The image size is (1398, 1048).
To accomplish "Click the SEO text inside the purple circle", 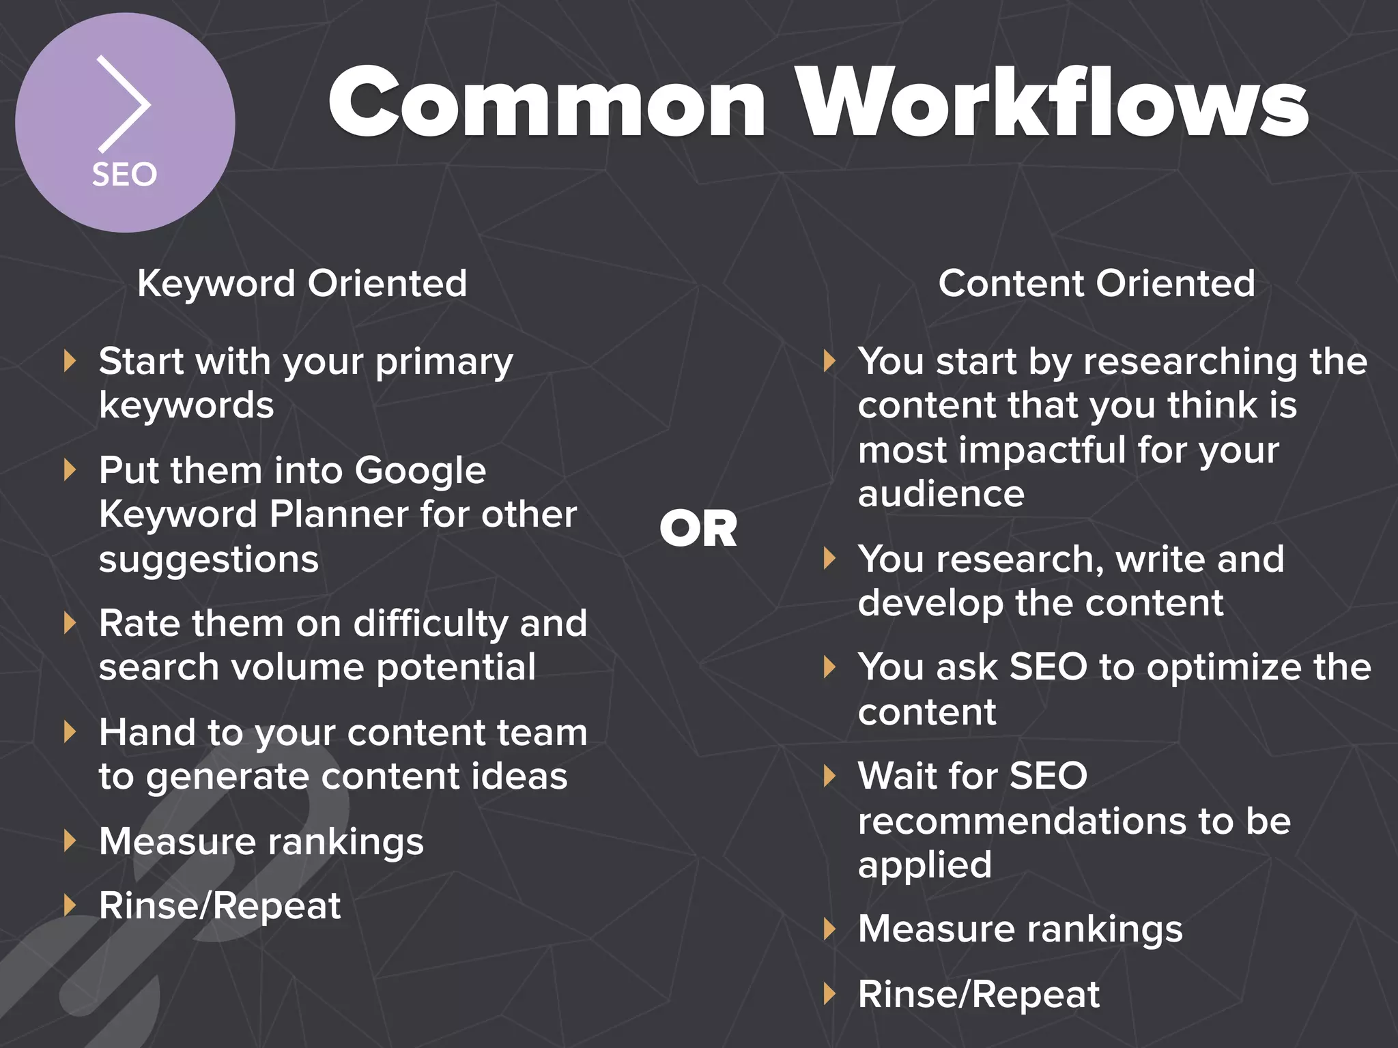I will tap(125, 175).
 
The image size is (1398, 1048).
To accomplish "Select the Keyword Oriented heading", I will tap(302, 283).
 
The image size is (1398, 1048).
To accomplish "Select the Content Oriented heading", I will tap(1096, 283).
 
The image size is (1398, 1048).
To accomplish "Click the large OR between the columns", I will tap(698, 529).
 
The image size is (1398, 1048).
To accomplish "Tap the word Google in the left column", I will tap(420, 471).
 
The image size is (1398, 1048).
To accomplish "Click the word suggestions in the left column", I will tap(208, 559).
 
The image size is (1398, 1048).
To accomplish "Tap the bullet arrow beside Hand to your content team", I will tap(69, 731).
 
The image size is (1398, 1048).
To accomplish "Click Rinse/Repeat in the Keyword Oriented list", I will tap(219, 906).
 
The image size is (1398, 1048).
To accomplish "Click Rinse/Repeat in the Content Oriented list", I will tap(978, 994).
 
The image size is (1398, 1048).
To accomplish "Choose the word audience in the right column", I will tap(941, 493).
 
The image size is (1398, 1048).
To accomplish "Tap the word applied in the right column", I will tap(924, 865).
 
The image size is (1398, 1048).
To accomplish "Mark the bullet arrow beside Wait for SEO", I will tap(829, 776).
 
